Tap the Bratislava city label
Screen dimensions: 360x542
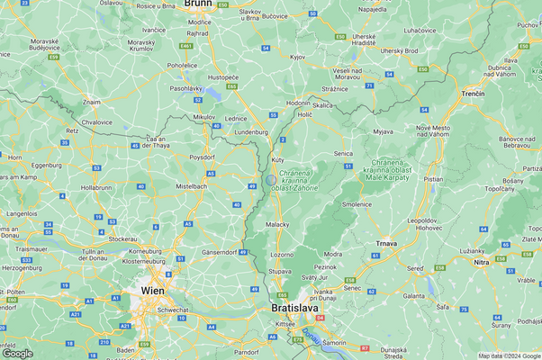pos(294,308)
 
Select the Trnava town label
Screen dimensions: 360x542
pos(387,243)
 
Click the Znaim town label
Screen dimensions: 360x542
pos(92,103)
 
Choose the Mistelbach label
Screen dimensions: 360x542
pos(191,185)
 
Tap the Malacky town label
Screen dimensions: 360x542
pos(278,225)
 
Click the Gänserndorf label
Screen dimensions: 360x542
pos(220,251)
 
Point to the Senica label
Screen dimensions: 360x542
pos(343,154)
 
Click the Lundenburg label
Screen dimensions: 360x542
pos(251,132)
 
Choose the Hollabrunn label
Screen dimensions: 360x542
pos(96,187)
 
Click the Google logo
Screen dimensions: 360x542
pos(18,353)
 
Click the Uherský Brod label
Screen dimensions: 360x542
pos(399,50)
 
